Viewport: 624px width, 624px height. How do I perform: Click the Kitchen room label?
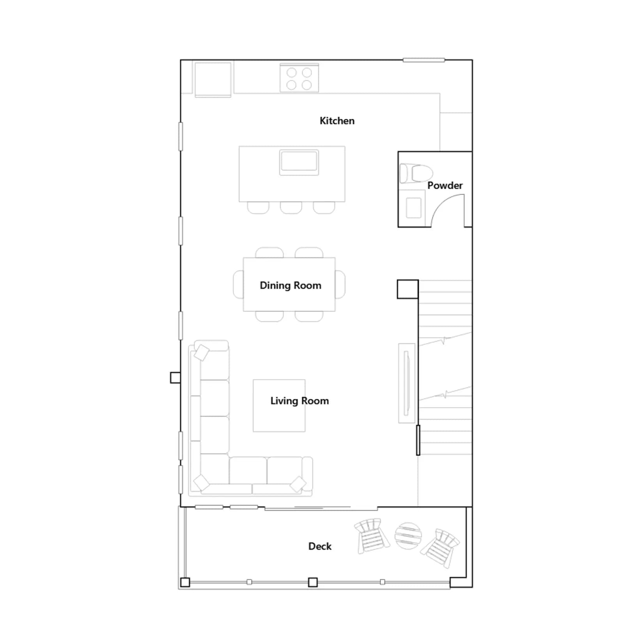(337, 121)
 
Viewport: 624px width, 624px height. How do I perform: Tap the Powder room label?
(445, 186)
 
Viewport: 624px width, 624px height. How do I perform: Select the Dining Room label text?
(291, 285)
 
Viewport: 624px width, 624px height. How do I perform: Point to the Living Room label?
(300, 401)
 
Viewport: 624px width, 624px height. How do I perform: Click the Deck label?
(320, 546)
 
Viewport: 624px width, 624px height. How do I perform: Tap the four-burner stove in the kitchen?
(299, 78)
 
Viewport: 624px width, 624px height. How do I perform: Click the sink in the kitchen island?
(299, 162)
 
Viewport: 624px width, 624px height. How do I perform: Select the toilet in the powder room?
(416, 173)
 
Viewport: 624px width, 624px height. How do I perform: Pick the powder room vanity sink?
(413, 207)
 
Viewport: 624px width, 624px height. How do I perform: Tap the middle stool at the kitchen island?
(291, 207)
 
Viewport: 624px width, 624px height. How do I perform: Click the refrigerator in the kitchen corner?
(213, 79)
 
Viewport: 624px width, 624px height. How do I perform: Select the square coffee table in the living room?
(279, 406)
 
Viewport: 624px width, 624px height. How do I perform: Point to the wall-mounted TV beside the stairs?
(407, 383)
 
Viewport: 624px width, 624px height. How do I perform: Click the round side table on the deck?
(408, 535)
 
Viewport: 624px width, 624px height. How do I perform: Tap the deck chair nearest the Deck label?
(372, 535)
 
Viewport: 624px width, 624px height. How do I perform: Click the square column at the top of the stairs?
(408, 289)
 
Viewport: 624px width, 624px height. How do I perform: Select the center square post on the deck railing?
(313, 582)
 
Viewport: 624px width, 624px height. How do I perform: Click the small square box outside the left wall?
(175, 378)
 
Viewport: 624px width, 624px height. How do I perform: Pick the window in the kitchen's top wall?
(424, 60)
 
